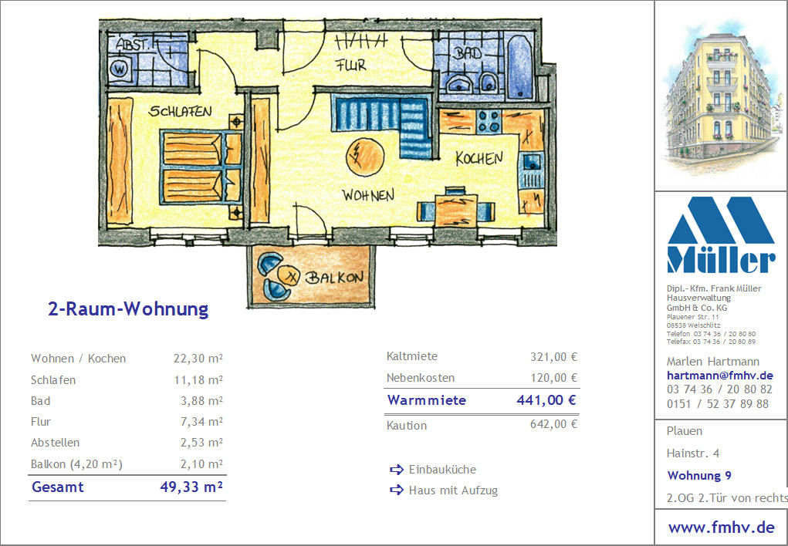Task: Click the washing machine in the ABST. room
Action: click(x=120, y=69)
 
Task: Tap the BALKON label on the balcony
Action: click(x=335, y=278)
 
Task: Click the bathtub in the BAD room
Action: click(x=519, y=67)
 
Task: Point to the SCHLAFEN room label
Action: click(x=180, y=111)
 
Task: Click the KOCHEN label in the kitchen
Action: click(x=479, y=158)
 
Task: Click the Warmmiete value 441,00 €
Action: click(x=546, y=400)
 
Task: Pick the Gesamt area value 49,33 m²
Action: click(x=191, y=487)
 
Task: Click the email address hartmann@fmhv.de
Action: click(x=719, y=376)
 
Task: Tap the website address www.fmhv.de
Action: click(x=721, y=527)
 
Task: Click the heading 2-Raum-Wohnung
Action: click(x=128, y=308)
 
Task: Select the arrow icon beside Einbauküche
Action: click(x=397, y=470)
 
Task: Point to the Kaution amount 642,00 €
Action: click(x=554, y=424)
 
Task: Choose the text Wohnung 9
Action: click(x=699, y=476)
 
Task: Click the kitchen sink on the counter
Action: click(x=532, y=162)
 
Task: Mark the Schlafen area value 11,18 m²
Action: click(x=198, y=380)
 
